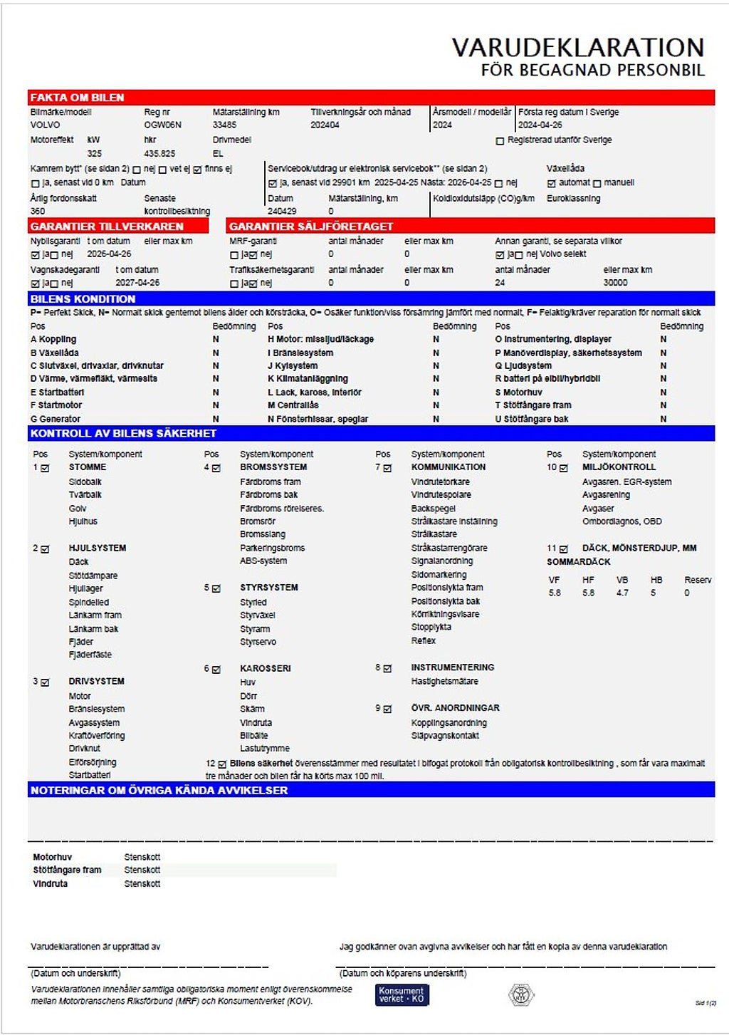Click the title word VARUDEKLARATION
point(577,48)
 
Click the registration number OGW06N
point(162,125)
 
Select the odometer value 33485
point(224,125)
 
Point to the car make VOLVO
point(45,125)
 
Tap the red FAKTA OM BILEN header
point(77,98)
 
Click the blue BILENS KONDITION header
point(83,298)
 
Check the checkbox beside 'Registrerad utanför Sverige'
point(500,141)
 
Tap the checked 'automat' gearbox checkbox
point(551,183)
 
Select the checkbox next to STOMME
point(45,468)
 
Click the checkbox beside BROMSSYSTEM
point(216,468)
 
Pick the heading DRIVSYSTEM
point(96,681)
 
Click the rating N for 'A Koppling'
point(216,340)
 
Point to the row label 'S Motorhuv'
point(518,392)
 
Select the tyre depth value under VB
point(622,593)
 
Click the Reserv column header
point(698,580)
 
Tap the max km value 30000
point(615,283)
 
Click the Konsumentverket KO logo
point(402,994)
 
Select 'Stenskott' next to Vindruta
point(142,883)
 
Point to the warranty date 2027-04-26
point(137,283)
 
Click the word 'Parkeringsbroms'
point(272,548)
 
